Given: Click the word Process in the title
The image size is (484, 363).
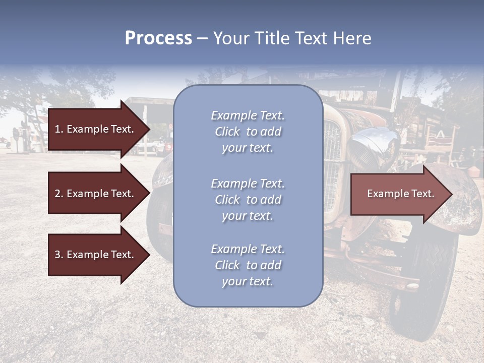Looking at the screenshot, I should point(158,38).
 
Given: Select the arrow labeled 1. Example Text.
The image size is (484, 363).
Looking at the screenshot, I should point(96,129).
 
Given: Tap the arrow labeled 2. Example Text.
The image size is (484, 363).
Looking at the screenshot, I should point(96,194).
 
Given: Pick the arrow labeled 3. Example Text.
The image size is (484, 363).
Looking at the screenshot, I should point(96,255).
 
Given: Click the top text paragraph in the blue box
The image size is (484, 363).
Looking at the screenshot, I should point(248,132).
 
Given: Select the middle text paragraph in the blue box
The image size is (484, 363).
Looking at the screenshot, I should point(248,200).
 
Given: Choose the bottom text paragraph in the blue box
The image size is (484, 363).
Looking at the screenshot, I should point(248,265).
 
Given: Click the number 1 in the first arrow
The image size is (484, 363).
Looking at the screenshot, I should point(57,129).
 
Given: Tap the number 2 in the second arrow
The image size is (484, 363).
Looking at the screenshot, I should point(57,194).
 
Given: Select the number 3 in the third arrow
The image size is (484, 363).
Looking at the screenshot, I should point(57,255).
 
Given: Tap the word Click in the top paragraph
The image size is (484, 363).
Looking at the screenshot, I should point(227,132).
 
